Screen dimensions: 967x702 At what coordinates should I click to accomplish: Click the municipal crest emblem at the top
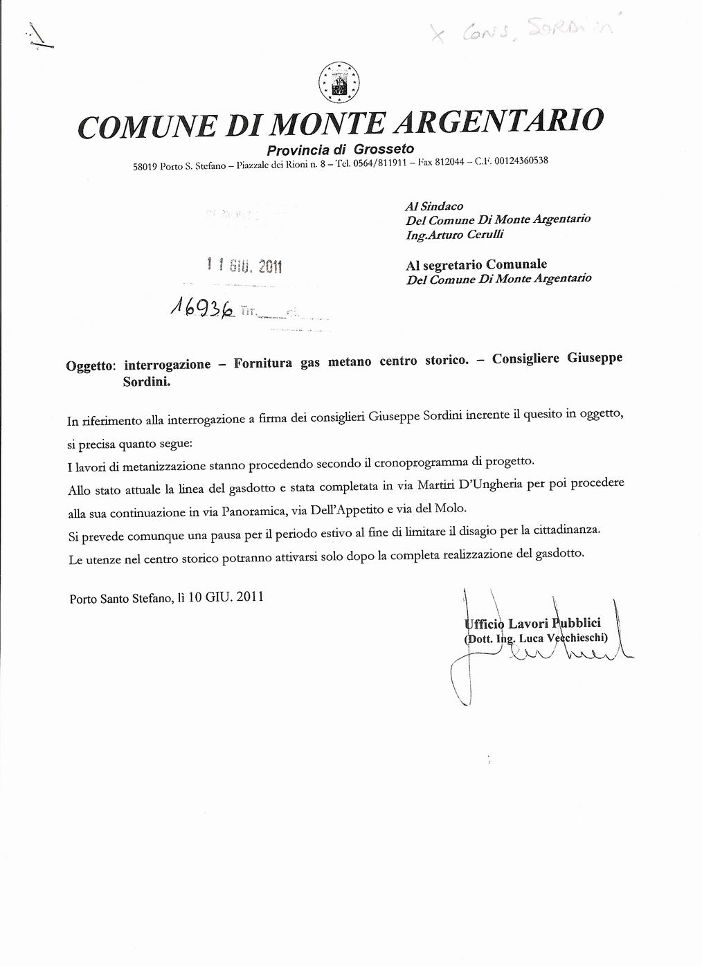(x=339, y=82)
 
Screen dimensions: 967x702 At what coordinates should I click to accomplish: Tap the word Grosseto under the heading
(x=384, y=149)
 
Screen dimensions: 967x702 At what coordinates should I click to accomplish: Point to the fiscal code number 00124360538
(x=521, y=161)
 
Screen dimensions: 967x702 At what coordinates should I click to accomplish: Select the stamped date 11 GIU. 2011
(x=245, y=265)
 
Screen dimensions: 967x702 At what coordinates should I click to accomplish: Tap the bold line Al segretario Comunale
(x=476, y=264)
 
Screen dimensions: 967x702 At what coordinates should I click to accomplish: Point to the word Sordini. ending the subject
(x=146, y=381)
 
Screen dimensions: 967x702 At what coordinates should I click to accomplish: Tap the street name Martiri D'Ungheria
(x=469, y=485)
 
